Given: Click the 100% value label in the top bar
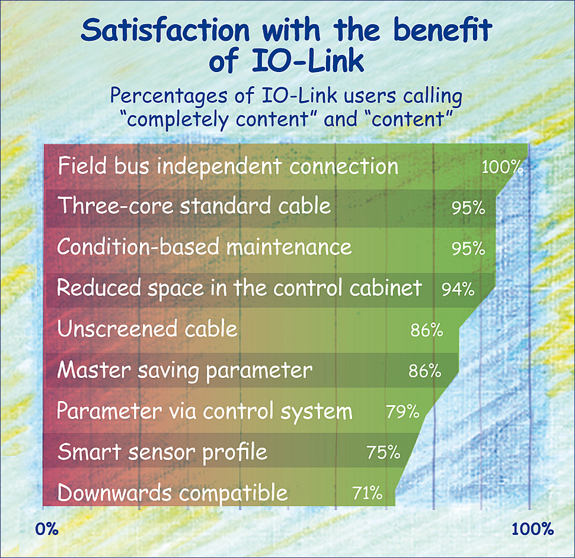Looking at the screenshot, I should (502, 167).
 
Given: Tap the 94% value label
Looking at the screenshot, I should (458, 289).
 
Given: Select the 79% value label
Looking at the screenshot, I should (402, 410).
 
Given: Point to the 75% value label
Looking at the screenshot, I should (383, 452).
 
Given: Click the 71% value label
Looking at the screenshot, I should (366, 492).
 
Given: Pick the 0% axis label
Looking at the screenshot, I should (47, 528).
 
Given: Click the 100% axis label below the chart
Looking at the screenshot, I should (532, 528).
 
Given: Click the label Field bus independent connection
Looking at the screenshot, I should (228, 167).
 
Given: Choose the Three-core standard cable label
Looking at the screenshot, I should (194, 206).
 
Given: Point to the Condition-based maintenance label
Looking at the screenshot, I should (204, 247).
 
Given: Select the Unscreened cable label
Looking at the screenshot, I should (147, 329).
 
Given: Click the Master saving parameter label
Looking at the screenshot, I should (185, 370).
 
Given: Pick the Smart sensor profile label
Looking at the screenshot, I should (162, 452).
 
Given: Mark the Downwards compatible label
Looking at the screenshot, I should (173, 492).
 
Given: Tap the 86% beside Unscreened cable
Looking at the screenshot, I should (426, 330).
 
